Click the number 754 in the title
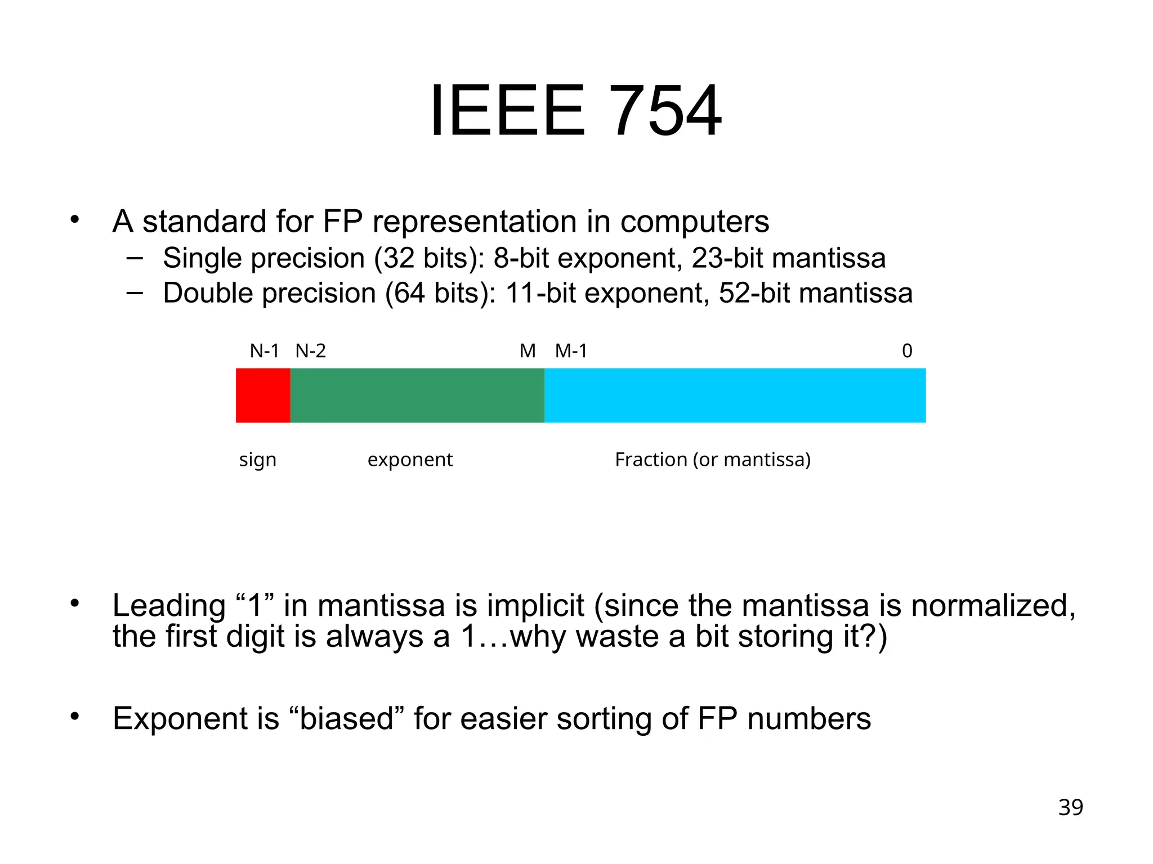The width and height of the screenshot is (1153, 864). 665,111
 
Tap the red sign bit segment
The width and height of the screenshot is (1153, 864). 263,395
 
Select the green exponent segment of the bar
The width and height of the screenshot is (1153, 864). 417,395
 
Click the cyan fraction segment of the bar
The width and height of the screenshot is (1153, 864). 735,395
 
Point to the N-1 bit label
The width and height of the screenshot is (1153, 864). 264,352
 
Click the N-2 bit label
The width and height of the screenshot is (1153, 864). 311,352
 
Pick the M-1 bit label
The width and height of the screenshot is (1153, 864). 571,352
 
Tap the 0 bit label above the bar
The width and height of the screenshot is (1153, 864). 907,351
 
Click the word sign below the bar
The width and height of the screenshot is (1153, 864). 258,460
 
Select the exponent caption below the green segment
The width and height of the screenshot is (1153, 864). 410,460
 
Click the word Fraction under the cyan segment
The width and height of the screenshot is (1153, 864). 651,460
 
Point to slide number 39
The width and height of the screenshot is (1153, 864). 1070,808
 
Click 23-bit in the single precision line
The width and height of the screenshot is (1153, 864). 727,258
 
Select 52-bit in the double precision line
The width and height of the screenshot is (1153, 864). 754,293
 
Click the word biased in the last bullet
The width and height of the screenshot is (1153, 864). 346,719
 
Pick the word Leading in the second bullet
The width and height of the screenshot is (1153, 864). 169,606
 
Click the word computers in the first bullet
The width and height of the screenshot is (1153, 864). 694,222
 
